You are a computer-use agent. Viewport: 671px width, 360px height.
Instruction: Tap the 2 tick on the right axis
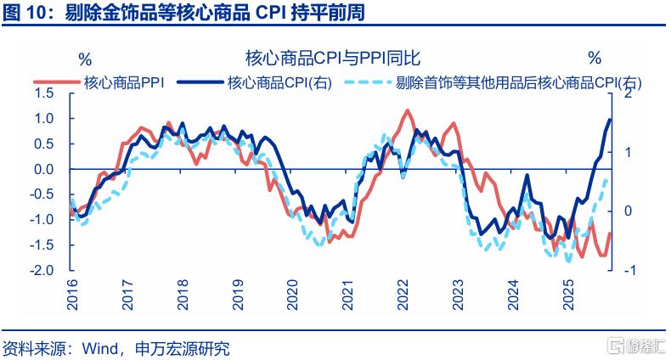[x=628, y=93]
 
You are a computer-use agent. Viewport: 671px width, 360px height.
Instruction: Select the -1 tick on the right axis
[x=626, y=271]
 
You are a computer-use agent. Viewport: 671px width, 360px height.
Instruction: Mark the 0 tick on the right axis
[x=628, y=211]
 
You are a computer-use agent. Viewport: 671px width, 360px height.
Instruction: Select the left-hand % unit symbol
[x=85, y=59]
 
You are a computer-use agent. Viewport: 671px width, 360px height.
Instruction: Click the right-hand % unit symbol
[x=595, y=59]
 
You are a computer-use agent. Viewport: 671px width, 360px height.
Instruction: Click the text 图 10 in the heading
[x=25, y=13]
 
